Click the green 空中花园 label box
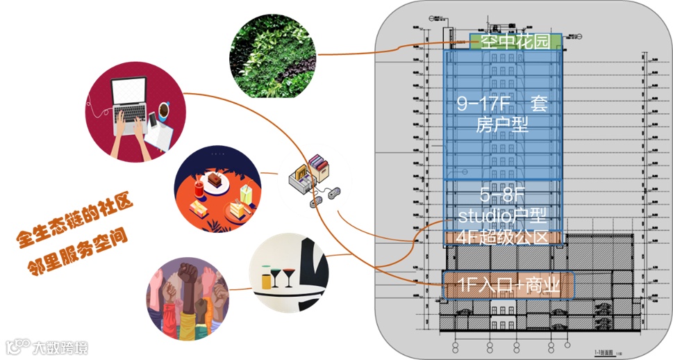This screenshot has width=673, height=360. (x=515, y=42)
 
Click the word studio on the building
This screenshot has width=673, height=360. (x=484, y=214)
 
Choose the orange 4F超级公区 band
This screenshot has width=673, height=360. (x=501, y=237)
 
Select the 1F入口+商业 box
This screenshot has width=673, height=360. (x=508, y=286)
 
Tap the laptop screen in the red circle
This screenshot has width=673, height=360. (x=129, y=93)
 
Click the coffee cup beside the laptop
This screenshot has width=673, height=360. (x=163, y=111)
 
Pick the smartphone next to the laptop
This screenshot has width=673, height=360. (x=153, y=121)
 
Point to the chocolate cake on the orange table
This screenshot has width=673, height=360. (x=215, y=183)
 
